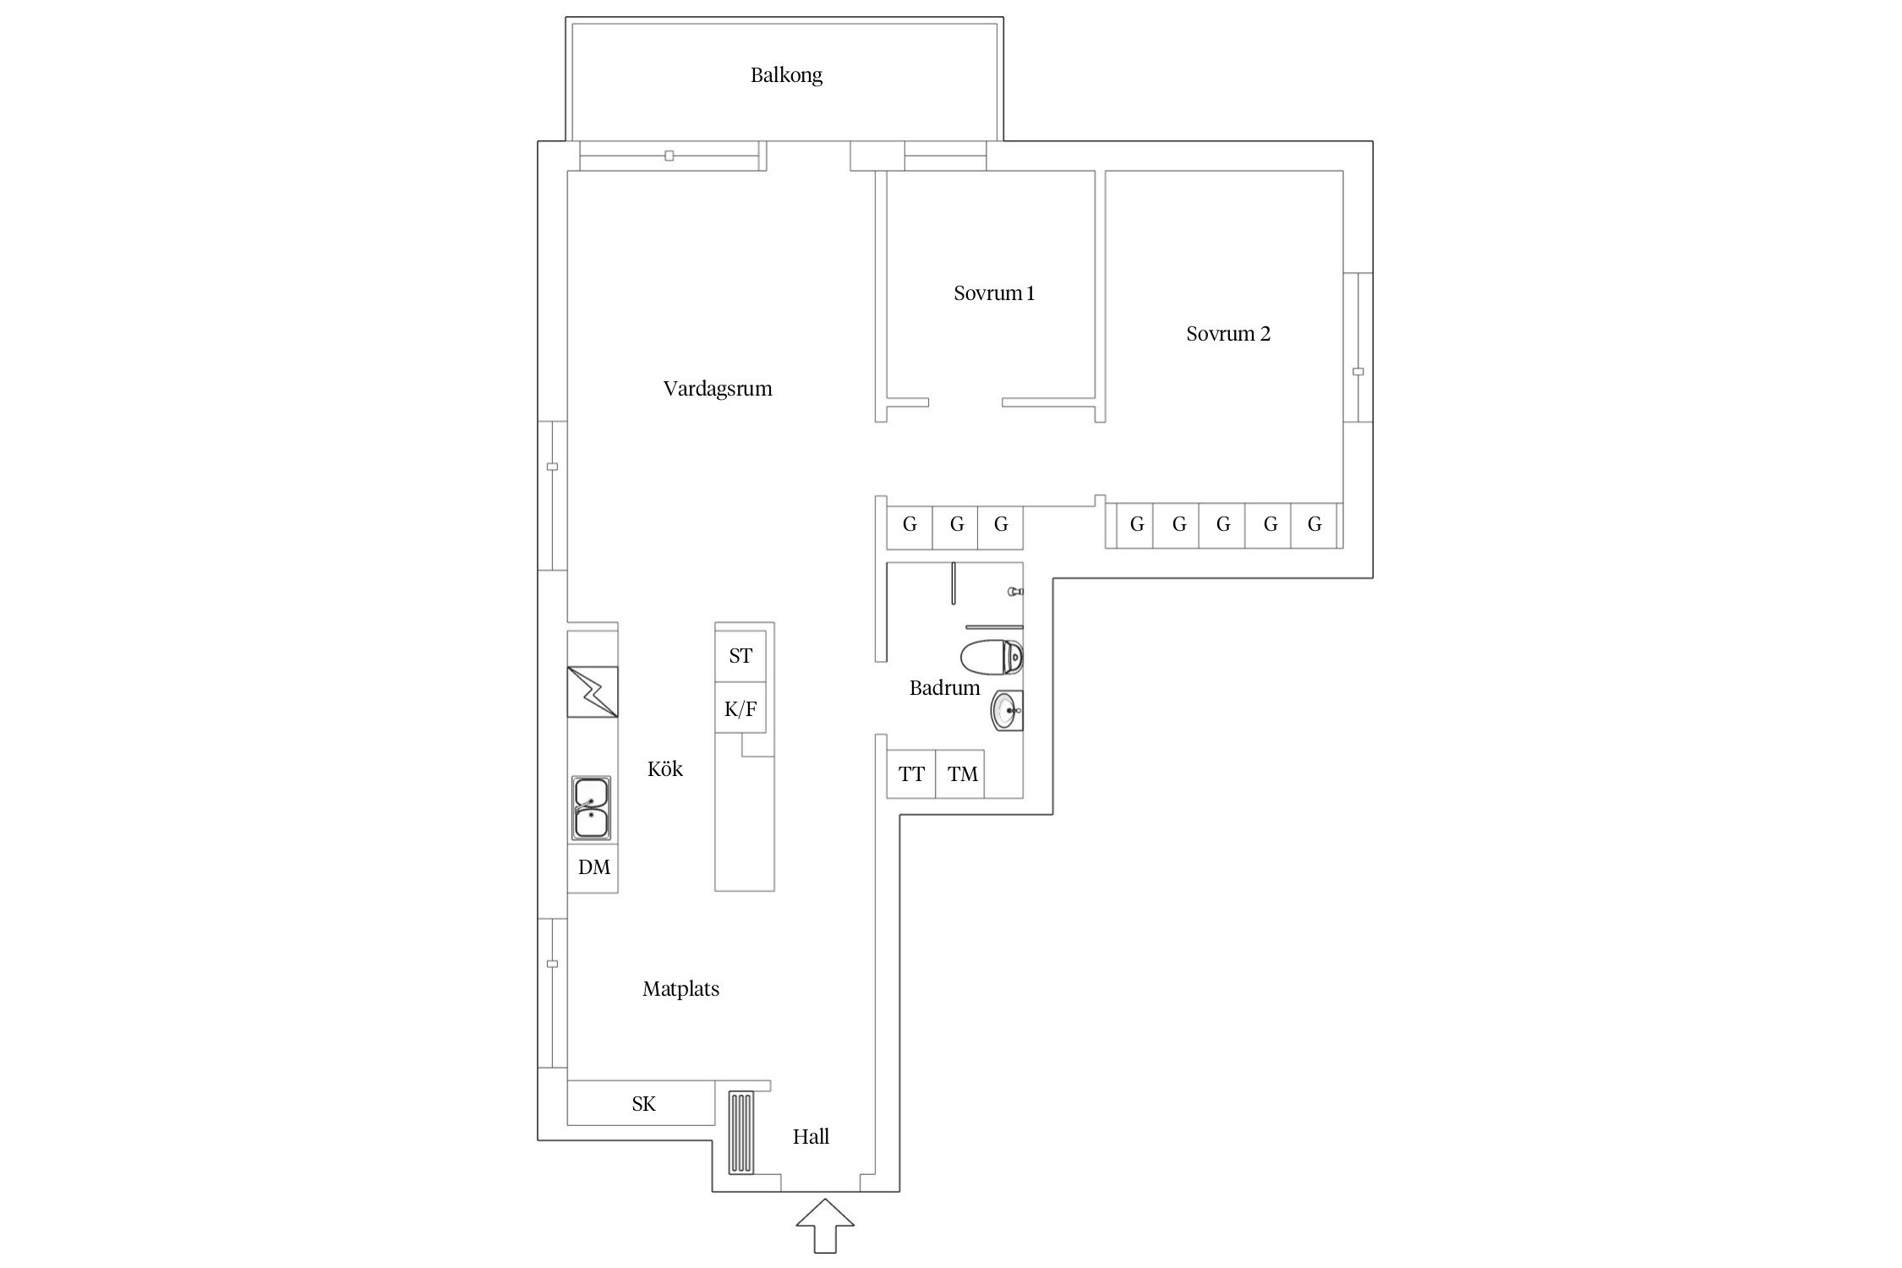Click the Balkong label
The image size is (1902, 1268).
click(x=786, y=75)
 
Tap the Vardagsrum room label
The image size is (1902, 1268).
click(x=718, y=389)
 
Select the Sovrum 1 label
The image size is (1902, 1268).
click(x=994, y=293)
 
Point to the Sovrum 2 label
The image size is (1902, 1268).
click(x=1228, y=334)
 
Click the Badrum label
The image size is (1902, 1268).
click(x=944, y=688)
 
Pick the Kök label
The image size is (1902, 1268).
click(x=665, y=768)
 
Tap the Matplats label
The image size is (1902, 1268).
click(x=680, y=989)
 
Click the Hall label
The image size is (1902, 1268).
click(x=811, y=1137)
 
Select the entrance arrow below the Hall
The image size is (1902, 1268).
click(x=825, y=1225)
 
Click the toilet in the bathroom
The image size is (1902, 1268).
click(x=992, y=658)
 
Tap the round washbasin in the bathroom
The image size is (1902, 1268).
click(x=1007, y=711)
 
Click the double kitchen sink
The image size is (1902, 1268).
click(x=591, y=808)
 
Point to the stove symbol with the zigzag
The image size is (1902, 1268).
click(x=593, y=691)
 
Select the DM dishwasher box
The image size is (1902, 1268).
click(x=593, y=867)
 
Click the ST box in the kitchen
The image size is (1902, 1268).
click(x=741, y=656)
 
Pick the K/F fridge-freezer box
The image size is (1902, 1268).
click(x=741, y=708)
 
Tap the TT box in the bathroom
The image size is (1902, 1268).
click(x=911, y=773)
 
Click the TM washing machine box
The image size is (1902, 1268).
click(x=961, y=773)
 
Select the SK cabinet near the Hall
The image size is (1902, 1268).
click(x=642, y=1103)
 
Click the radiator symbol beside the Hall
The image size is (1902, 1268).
click(x=741, y=1133)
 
